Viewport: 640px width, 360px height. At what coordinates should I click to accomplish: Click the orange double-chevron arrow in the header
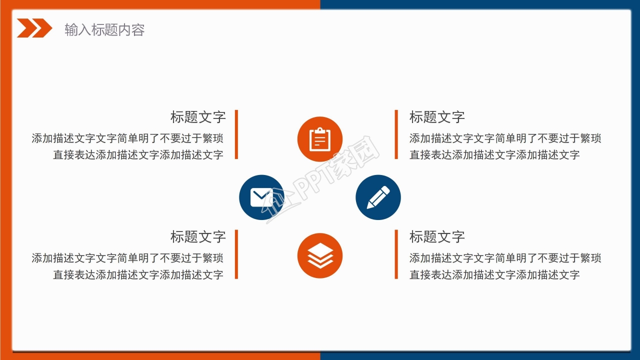click(x=34, y=28)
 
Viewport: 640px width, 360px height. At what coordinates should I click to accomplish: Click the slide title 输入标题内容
click(x=104, y=29)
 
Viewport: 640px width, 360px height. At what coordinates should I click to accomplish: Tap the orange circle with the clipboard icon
click(x=320, y=139)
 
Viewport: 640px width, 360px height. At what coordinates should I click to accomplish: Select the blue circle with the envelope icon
click(x=261, y=197)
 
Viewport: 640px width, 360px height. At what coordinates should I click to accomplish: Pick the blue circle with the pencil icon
click(x=378, y=197)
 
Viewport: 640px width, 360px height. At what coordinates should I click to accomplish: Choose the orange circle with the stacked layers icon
click(x=320, y=255)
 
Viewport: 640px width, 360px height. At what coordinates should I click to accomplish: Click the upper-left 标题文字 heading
click(x=198, y=117)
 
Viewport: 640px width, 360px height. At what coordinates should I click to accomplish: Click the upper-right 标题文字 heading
click(x=437, y=117)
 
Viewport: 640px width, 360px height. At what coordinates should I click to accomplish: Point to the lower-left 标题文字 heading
click(x=198, y=237)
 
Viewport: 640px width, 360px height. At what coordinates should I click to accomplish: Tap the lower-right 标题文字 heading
click(x=437, y=237)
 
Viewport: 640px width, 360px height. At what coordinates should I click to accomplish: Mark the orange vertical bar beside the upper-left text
click(x=236, y=134)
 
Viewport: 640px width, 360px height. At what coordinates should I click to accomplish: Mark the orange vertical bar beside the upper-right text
click(x=396, y=134)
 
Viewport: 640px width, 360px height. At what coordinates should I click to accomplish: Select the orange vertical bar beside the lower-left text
click(x=236, y=254)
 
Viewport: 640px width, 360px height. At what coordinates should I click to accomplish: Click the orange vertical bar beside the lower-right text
click(x=396, y=254)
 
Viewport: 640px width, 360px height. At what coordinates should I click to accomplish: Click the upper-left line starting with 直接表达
click(x=138, y=155)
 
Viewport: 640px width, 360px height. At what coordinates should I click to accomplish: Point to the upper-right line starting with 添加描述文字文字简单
click(x=505, y=138)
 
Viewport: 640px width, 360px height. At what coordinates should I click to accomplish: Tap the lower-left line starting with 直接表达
click(x=138, y=275)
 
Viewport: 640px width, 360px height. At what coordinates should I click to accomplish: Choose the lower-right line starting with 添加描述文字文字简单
click(x=505, y=258)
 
